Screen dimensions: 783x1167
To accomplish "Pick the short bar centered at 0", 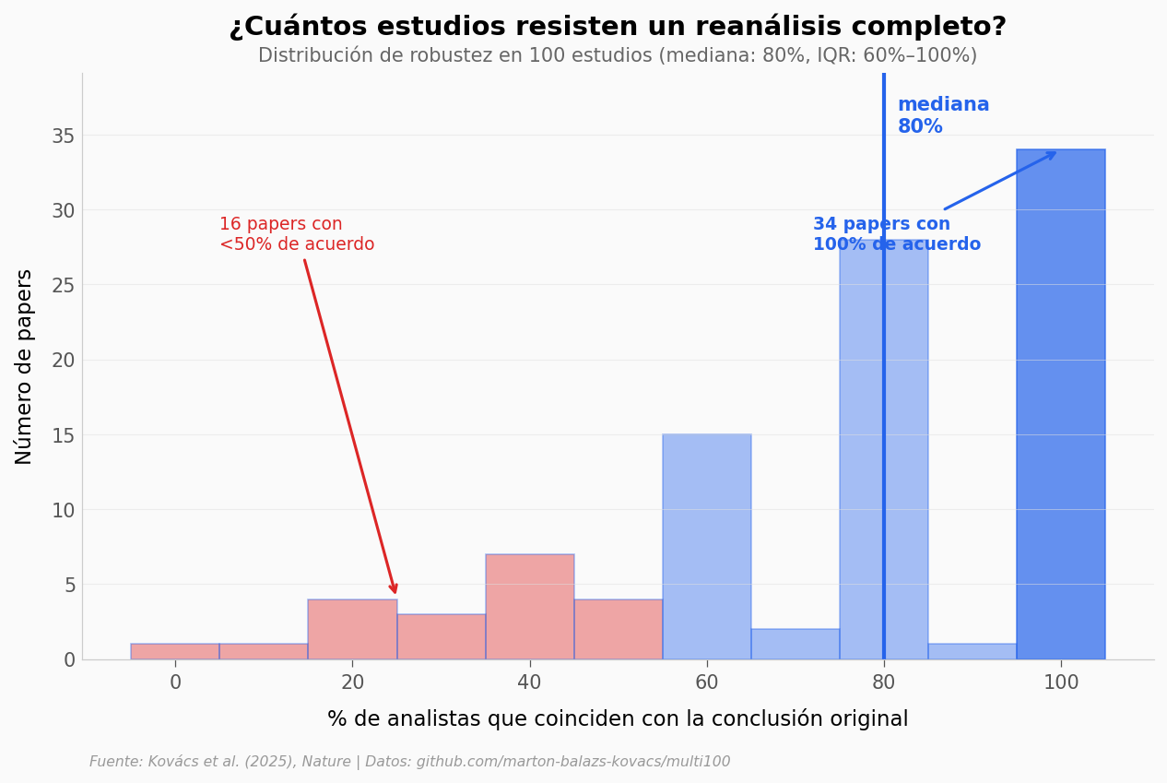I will [175, 651].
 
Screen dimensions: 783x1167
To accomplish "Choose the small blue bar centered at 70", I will [795, 644].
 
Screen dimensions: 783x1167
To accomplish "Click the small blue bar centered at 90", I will [972, 651].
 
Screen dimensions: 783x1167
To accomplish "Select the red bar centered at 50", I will [618, 629].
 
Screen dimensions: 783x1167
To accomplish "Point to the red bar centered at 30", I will [441, 636].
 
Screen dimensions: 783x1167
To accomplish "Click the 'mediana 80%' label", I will [942, 116].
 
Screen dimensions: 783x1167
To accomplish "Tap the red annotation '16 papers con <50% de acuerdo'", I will [296, 234].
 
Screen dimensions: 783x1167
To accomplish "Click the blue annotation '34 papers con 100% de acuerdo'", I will [895, 234].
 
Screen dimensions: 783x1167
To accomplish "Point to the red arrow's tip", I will [395, 593].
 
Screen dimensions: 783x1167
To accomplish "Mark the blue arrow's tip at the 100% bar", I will [1055, 153].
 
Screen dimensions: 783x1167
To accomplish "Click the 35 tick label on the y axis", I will [64, 136].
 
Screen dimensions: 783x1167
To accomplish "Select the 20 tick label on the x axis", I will [352, 683].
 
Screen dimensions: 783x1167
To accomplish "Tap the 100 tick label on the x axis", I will [1060, 683].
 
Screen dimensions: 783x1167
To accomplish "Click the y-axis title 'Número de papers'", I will [24, 366].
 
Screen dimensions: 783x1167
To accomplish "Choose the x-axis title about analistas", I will [618, 719].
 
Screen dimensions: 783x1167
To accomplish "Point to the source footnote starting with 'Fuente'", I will [409, 762].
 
